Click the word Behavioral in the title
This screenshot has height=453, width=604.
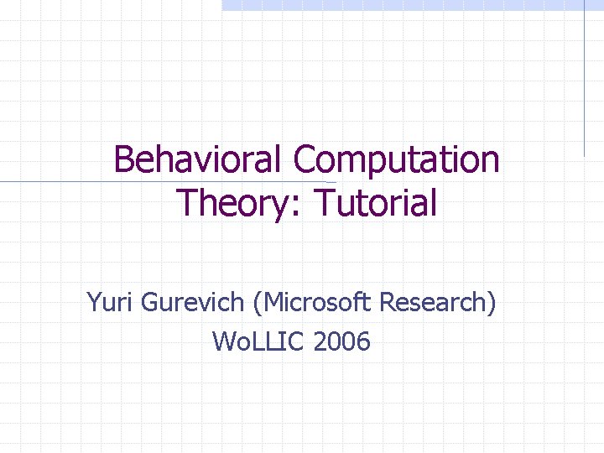[x=199, y=159]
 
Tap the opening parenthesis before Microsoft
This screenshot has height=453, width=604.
[x=248, y=303]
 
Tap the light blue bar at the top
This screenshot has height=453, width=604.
[x=411, y=5]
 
